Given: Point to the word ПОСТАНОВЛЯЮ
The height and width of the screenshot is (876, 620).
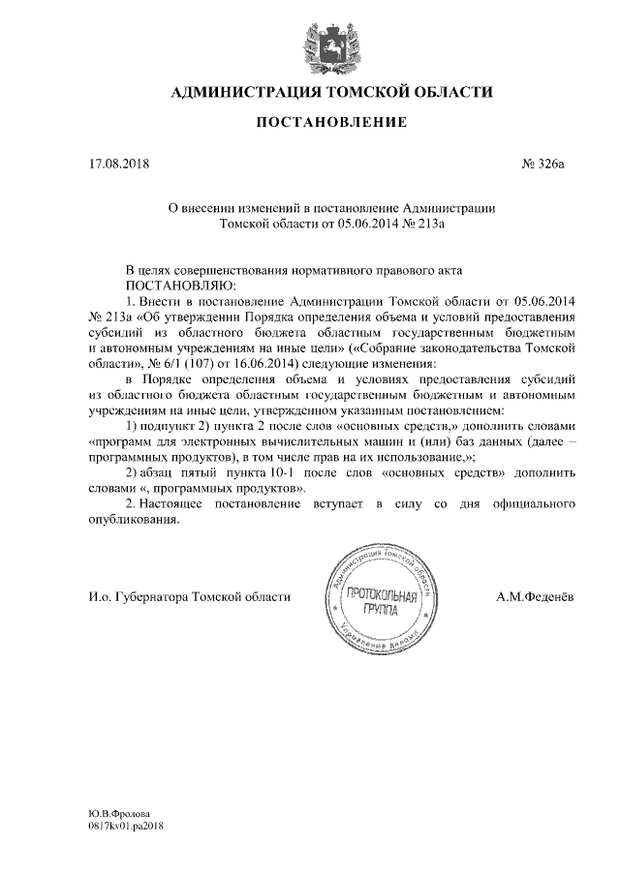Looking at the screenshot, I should coord(179,287).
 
